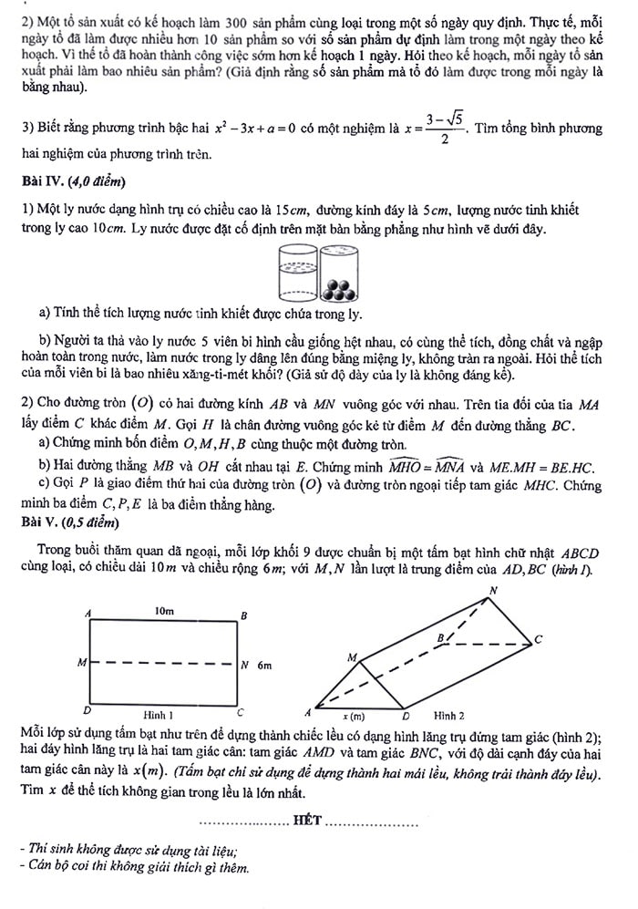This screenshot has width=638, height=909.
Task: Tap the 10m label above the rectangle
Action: (x=165, y=612)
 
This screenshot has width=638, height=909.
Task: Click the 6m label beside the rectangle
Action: (x=264, y=666)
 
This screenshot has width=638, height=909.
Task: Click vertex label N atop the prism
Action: (x=494, y=591)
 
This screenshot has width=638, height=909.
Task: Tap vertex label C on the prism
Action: (x=538, y=639)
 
